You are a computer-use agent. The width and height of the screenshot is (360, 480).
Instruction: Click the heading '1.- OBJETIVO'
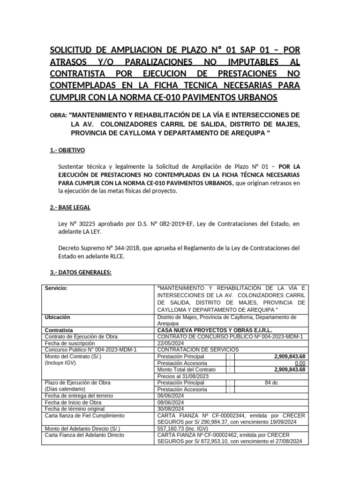pos(67,150)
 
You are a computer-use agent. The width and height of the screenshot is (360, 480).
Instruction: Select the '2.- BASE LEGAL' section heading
pos(70,207)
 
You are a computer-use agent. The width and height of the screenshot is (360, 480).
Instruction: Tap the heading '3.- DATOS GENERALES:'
pos(80,273)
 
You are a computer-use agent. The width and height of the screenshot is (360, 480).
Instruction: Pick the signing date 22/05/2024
pos(172,343)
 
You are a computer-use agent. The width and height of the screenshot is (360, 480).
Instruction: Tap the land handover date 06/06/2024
pos(172,396)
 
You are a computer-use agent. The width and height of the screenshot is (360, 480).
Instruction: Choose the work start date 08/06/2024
pos(172,402)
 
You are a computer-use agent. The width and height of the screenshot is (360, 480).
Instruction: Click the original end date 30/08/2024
pos(172,409)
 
